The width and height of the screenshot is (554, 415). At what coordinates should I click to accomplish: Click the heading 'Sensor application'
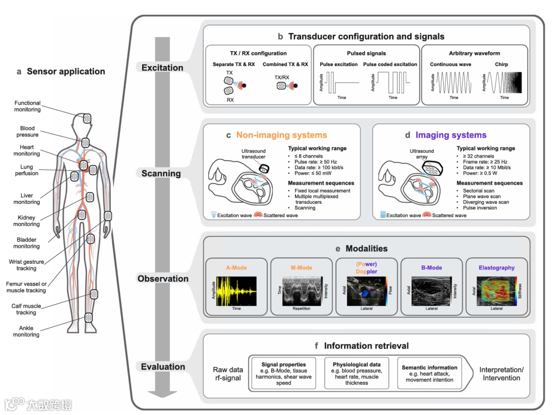click(x=66, y=72)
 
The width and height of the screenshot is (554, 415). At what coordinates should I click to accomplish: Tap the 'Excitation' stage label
click(x=162, y=68)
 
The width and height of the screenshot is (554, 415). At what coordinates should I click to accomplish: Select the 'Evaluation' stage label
click(x=163, y=367)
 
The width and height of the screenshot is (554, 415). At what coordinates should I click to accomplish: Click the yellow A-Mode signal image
click(x=236, y=291)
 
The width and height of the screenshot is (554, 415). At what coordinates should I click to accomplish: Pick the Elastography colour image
click(x=496, y=291)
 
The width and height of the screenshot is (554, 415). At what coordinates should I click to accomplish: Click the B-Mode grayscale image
click(x=431, y=291)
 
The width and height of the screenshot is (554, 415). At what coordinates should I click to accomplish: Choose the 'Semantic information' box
click(x=429, y=374)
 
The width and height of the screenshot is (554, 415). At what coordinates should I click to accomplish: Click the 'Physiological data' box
click(x=357, y=374)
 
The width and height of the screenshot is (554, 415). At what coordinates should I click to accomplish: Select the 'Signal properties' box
click(x=284, y=374)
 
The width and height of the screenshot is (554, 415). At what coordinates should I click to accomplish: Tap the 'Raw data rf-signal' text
click(x=228, y=374)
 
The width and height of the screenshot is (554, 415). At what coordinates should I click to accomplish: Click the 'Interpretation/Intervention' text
click(x=501, y=374)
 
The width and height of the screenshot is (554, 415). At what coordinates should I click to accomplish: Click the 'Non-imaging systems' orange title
click(x=281, y=135)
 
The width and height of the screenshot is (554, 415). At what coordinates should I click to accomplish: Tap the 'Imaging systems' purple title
click(x=450, y=135)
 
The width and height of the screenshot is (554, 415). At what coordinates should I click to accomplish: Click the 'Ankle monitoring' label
click(x=26, y=331)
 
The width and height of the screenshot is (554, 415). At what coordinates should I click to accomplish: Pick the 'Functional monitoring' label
click(x=27, y=106)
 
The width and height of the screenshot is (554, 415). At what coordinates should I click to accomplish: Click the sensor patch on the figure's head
click(x=87, y=118)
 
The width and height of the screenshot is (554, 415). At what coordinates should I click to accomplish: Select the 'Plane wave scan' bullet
click(x=482, y=196)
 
